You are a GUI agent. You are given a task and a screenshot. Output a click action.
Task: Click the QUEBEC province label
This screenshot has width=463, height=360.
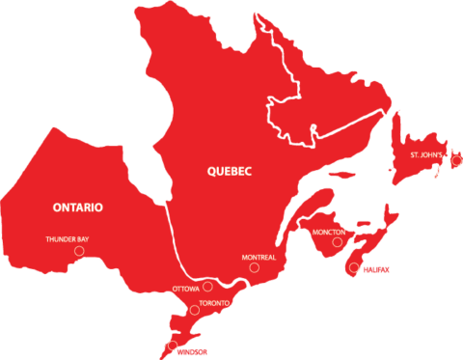point(230,172)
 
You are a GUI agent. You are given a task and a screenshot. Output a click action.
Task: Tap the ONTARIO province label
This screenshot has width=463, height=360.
point(78,208)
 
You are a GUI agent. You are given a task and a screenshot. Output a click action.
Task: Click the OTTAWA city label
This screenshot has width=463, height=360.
point(186,289)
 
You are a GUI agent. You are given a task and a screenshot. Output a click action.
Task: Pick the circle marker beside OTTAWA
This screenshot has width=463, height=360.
point(208,286)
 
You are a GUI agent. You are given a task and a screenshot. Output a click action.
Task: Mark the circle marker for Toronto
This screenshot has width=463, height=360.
point(193,311)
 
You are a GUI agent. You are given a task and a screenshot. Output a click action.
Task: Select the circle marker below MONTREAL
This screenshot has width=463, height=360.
point(254,267)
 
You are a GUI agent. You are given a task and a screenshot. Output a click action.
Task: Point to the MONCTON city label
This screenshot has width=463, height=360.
point(329,233)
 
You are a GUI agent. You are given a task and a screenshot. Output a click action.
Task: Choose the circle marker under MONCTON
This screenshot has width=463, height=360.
point(338,242)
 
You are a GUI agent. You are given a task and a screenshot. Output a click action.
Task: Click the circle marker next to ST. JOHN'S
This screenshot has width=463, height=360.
point(456,160)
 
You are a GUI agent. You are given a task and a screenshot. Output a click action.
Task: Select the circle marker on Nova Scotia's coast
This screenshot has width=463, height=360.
point(354,267)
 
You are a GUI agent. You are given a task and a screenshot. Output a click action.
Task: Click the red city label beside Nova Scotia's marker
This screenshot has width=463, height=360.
point(376,267)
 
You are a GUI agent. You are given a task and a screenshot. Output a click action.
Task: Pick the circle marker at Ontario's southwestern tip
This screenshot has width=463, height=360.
point(173,346)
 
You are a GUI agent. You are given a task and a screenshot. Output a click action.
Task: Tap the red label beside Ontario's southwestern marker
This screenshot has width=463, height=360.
point(193,351)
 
